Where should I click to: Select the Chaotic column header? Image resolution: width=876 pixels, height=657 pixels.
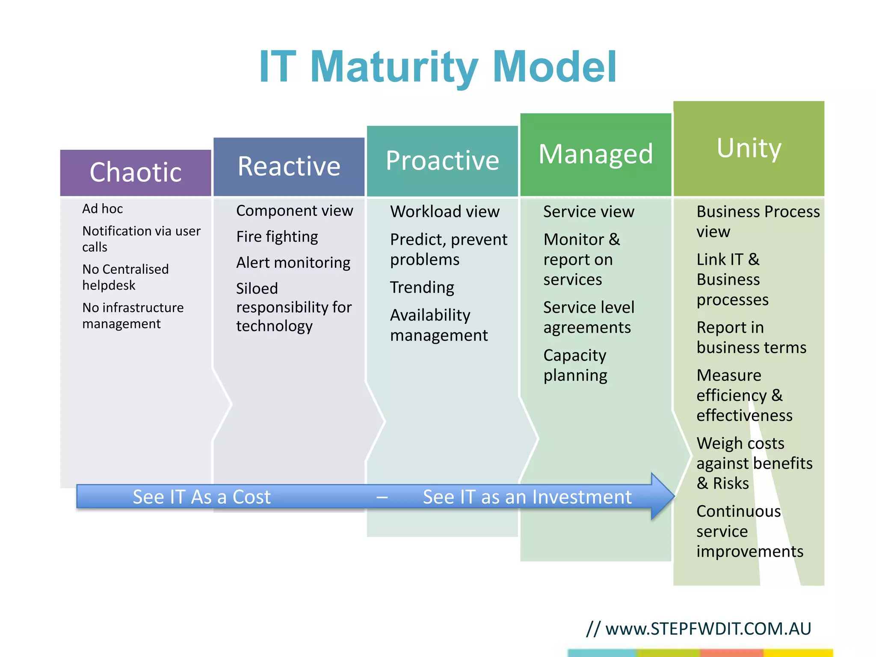pos(136,172)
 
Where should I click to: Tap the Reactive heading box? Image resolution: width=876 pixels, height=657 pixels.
pos(289,166)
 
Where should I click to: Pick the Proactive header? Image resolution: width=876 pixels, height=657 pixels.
pos(442,161)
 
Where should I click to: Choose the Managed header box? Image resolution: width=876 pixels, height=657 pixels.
pos(595,154)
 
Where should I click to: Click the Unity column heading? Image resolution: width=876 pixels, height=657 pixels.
pos(749,148)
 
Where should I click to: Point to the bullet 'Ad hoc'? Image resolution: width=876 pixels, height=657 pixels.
pos(103,209)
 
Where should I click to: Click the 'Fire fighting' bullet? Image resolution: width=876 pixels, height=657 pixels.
pos(277,237)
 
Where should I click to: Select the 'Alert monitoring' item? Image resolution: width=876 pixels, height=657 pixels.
pos(293,262)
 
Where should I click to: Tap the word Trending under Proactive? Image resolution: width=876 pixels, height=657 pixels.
pos(422,287)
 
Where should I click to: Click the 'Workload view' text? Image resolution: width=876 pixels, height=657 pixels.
pos(445,211)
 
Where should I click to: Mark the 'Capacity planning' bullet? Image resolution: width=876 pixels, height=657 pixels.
pos(575,365)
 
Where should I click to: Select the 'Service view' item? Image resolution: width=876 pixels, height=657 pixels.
pos(589,211)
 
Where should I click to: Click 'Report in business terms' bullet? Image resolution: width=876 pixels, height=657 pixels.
pos(751,337)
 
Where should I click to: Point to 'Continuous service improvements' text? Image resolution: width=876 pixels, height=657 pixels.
pos(749,531)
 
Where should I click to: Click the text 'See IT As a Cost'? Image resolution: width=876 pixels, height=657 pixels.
pos(201,497)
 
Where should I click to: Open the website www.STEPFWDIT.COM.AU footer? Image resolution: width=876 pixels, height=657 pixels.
pos(708,628)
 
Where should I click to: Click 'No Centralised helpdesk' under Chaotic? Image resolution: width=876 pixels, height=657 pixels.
pos(125,277)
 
